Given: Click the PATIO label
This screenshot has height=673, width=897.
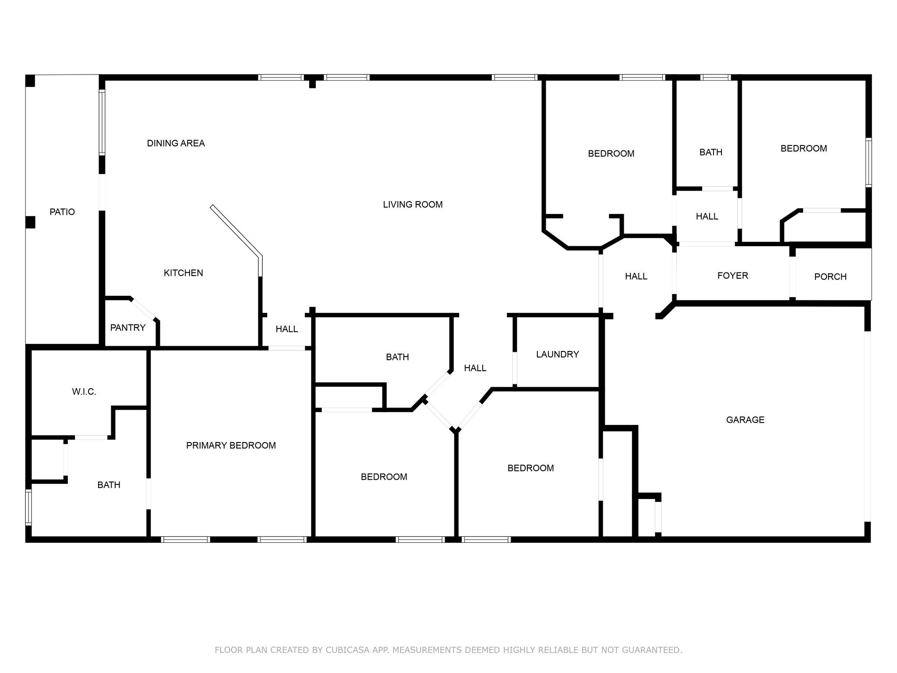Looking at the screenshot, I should tap(62, 212).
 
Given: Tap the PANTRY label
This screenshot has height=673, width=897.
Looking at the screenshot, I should tap(127, 328).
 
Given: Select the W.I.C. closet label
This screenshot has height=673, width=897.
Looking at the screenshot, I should tap(84, 392).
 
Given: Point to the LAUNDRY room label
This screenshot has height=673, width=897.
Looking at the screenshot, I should tap(557, 354).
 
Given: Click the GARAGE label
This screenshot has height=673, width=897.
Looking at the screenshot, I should tap(745, 420).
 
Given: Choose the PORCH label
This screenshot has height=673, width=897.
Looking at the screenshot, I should tap(830, 277).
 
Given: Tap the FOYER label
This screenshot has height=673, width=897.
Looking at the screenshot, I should tap(732, 276).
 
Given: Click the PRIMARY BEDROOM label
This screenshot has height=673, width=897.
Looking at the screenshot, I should tap(231, 446).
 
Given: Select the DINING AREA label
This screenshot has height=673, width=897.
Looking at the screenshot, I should tap(176, 143).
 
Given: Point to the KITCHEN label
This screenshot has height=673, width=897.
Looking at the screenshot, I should tap(183, 273).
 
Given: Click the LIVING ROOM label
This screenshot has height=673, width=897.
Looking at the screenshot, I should tap(413, 205).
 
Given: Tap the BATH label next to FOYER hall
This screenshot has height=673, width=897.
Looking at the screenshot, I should tap(710, 152).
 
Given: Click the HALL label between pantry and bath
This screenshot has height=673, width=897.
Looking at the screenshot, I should tap(286, 329).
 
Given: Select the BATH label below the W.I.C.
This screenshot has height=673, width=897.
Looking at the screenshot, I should tap(109, 485).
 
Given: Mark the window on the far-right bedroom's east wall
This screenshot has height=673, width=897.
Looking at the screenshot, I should tap(868, 163).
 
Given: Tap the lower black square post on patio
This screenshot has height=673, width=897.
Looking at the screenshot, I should tap(30, 222).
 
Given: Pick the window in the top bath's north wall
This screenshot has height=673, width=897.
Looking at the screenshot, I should tap(715, 78).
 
